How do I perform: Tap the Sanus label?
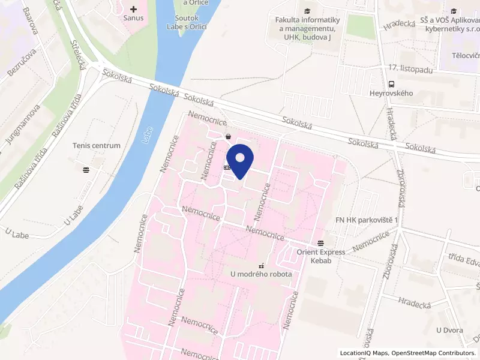134,19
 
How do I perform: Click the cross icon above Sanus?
134,9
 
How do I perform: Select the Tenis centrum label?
96,146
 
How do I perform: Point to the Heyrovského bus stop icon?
391,84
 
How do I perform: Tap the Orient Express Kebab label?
321,256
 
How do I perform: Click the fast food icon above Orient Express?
321,243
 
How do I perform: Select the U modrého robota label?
262,274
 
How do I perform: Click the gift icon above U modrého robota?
261,265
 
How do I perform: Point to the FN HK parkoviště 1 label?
367,221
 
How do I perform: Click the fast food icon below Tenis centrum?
86,169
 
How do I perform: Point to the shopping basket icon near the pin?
229,137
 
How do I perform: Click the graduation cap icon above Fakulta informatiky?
308,11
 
